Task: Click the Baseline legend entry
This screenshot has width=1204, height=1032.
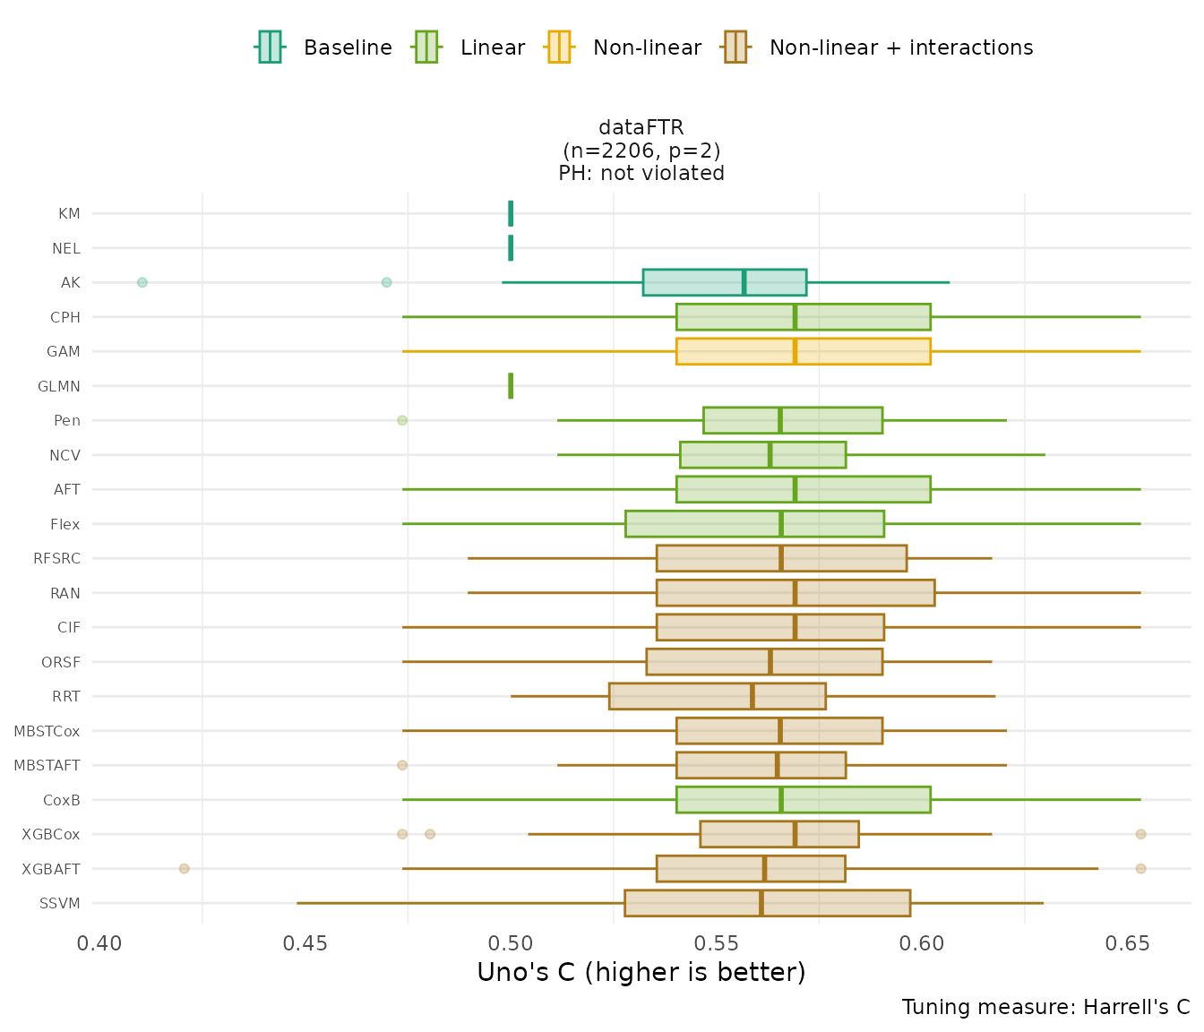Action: [x=324, y=47]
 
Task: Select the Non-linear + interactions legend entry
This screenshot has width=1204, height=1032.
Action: [x=878, y=47]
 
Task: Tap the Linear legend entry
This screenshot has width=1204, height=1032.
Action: [x=469, y=47]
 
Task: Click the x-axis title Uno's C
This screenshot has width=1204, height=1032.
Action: [x=641, y=972]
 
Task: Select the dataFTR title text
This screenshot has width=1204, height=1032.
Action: [x=641, y=128]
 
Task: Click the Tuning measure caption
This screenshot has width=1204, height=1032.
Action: [x=1045, y=1007]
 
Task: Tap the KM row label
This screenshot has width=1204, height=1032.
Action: [x=69, y=214]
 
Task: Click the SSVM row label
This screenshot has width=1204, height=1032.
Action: [x=60, y=903]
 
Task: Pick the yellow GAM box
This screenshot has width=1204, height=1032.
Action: [x=803, y=351]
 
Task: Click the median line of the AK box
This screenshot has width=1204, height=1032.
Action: [x=744, y=282]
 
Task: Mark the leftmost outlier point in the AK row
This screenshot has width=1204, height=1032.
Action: [x=142, y=282]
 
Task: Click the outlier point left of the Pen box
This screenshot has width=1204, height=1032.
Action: [x=402, y=420]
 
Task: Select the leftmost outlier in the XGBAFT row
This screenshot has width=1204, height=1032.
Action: [x=184, y=869]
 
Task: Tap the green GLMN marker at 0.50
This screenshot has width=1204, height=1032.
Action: [x=511, y=386]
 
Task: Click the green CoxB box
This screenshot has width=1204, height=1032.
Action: [x=803, y=800]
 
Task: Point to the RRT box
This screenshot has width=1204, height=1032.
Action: [x=717, y=696]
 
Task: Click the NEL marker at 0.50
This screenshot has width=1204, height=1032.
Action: [x=511, y=248]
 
